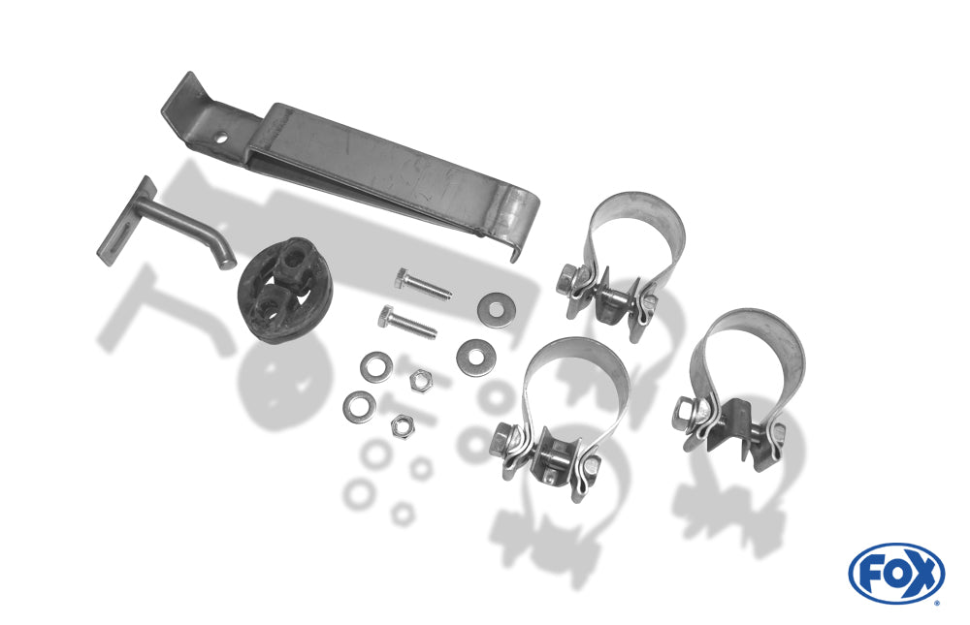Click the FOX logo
pyautogui.click(x=896, y=574)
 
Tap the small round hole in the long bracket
pyautogui.click(x=221, y=140)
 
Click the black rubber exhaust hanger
pyautogui.click(x=285, y=290)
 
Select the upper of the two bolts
pyautogui.click(x=423, y=284)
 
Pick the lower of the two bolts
pyautogui.click(x=407, y=323)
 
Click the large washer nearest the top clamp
pyautogui.click(x=496, y=308)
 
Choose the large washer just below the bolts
pyautogui.click(x=474, y=356)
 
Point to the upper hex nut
pyautogui.click(x=421, y=379)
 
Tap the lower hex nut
pyautogui.click(x=403, y=426)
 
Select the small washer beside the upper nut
pyautogui.click(x=376, y=366)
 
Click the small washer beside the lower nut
pyautogui.click(x=360, y=407)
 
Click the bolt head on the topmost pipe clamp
pyautogui.click(x=566, y=279)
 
